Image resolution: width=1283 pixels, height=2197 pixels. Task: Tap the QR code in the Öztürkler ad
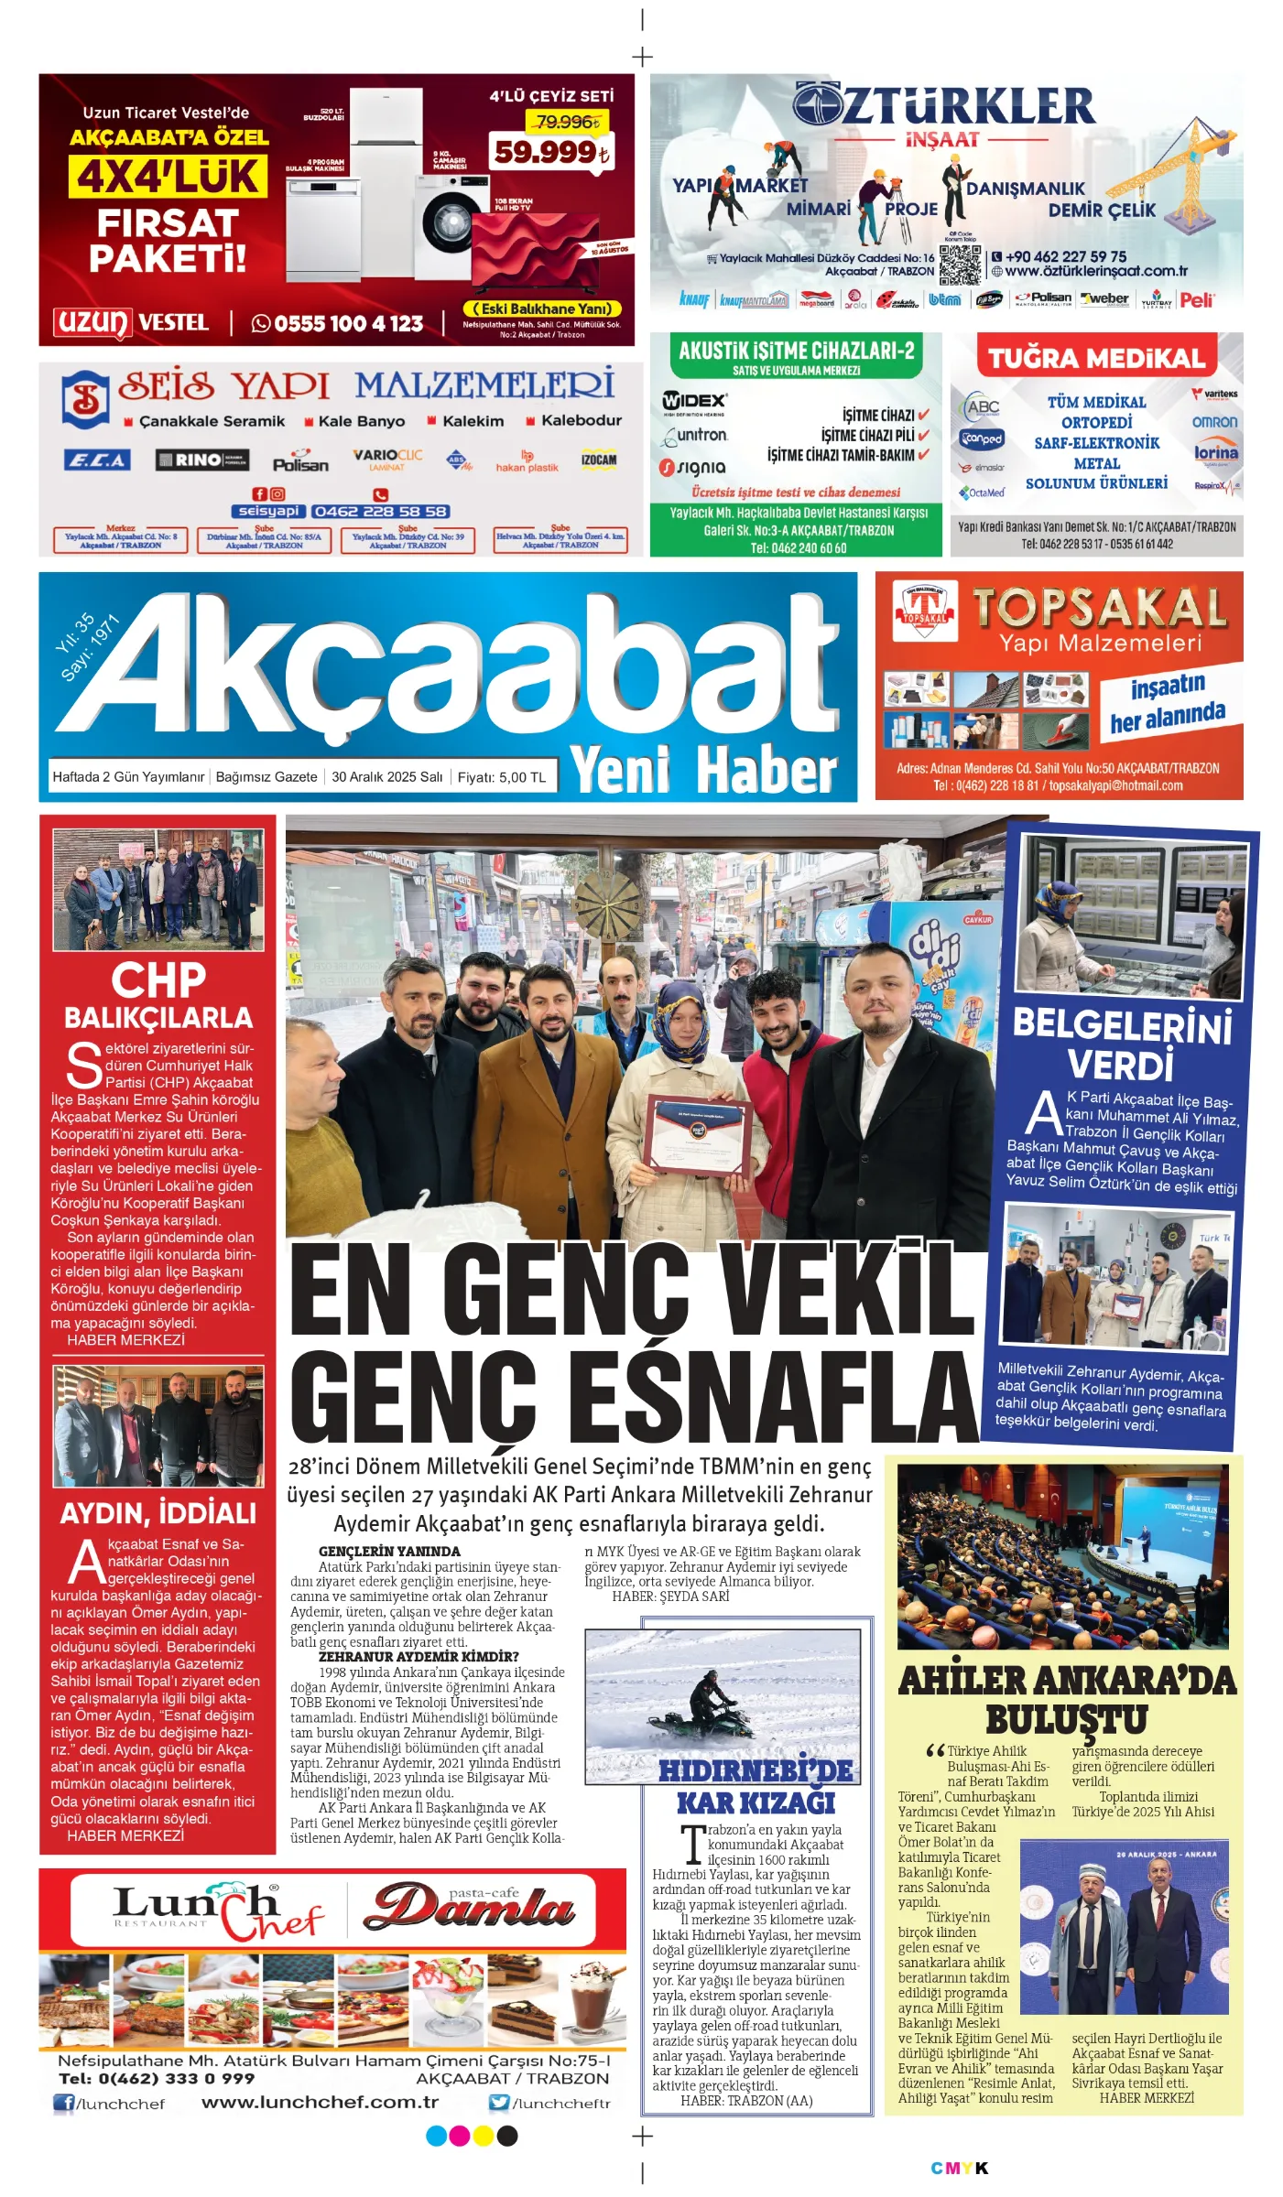click(x=960, y=265)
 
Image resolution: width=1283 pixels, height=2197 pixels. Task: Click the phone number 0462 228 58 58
click(x=380, y=512)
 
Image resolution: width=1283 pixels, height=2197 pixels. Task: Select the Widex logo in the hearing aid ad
click(x=694, y=401)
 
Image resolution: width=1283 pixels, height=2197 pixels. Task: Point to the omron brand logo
click(x=1214, y=422)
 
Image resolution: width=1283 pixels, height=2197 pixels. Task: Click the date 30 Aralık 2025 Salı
click(x=386, y=777)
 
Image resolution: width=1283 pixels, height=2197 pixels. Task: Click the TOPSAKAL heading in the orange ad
click(x=1099, y=608)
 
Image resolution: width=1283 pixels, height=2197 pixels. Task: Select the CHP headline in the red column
click(x=158, y=980)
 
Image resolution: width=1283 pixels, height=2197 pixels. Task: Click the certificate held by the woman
click(x=698, y=1133)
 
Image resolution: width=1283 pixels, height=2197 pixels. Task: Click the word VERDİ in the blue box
click(x=1120, y=1066)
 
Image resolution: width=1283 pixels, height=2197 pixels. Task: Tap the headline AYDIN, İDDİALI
click(x=158, y=1512)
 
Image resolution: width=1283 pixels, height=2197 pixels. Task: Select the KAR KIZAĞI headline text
click(x=756, y=1802)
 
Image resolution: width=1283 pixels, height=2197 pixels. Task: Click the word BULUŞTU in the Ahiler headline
click(x=1066, y=1719)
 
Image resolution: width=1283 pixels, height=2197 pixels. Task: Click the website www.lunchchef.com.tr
click(x=320, y=2102)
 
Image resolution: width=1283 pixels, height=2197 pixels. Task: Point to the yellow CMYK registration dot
click(x=483, y=2136)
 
